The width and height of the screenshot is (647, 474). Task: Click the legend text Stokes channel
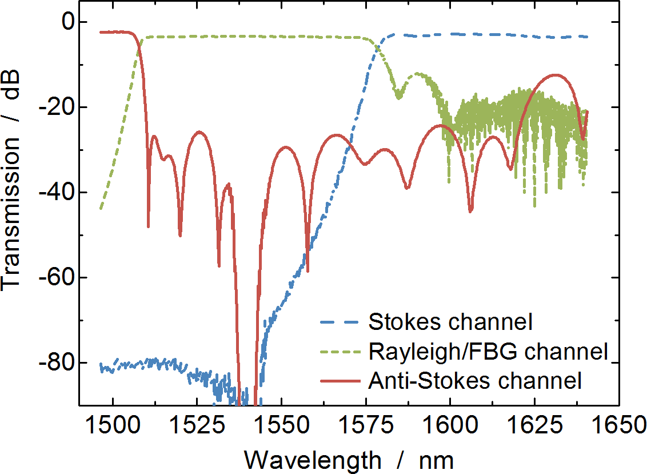point(450,322)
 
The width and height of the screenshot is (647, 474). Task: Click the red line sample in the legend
point(340,380)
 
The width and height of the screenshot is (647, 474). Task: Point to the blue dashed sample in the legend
point(340,322)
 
